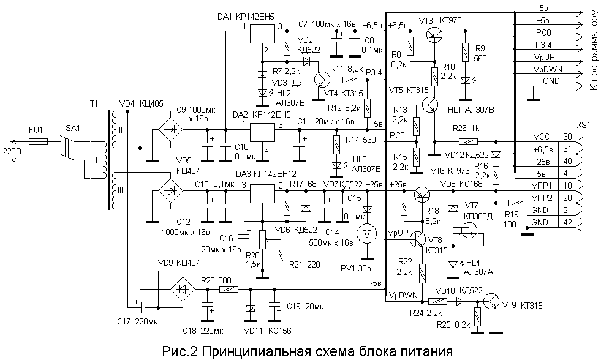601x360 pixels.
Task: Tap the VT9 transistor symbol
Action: tap(490, 301)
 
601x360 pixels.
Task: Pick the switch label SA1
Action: tap(72, 130)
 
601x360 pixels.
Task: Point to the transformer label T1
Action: tap(94, 104)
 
